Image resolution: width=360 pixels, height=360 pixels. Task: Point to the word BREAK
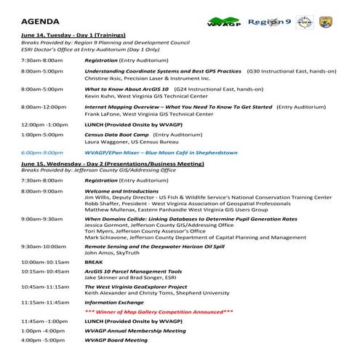[x=94, y=260]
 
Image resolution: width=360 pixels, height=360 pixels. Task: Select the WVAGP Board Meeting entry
[x=116, y=340]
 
